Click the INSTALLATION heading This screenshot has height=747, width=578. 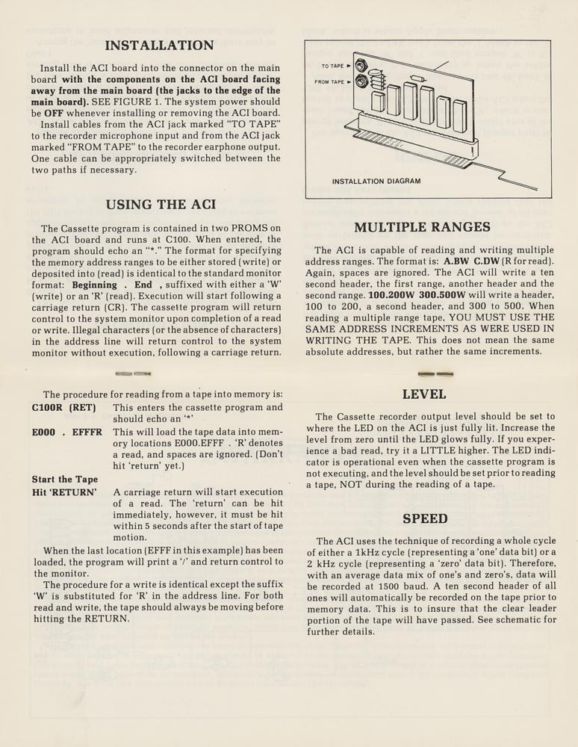(159, 46)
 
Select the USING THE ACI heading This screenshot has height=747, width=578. (161, 205)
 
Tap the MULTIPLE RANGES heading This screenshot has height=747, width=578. (422, 227)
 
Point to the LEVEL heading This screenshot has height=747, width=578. (424, 394)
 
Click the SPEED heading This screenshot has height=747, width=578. (425, 518)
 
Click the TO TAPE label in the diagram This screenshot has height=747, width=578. (333, 66)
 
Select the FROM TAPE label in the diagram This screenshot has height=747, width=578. (329, 81)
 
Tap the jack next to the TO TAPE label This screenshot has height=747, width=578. (361, 66)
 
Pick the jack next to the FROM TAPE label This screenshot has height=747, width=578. (361, 81)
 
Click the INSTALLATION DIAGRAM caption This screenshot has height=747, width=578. (376, 182)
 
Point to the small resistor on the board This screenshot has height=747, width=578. (417, 77)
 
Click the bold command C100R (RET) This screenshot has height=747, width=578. (63, 408)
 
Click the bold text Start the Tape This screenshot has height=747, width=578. (65, 480)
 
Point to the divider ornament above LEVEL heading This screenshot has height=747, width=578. (435, 373)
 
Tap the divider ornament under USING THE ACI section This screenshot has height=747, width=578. (134, 373)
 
